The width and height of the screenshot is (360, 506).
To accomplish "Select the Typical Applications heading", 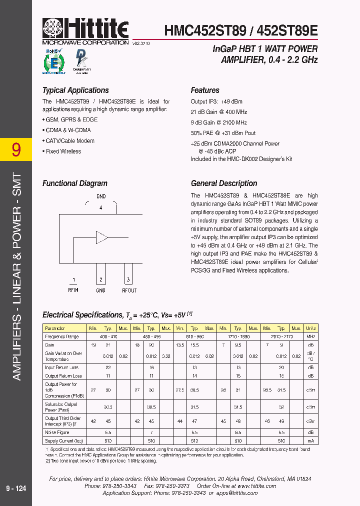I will (75, 90).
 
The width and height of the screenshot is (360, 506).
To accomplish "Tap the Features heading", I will (205, 90).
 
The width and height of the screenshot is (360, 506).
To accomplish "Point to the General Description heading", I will (224, 183).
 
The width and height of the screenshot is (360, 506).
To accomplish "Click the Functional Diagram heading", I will (74, 183).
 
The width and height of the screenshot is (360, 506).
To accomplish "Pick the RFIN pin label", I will (73, 290).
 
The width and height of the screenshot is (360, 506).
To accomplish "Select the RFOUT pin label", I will (129, 290).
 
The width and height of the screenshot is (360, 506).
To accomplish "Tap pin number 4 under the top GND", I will (101, 207).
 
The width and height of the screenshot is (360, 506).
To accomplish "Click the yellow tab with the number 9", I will (16, 149).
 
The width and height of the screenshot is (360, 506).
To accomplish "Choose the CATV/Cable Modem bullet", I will (70, 141).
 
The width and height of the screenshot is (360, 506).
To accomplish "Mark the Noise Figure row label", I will (57, 432).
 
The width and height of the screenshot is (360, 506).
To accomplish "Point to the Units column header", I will (310, 328).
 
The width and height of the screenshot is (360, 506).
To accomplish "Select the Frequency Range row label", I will (62, 336).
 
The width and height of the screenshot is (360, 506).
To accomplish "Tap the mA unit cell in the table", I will (310, 440).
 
